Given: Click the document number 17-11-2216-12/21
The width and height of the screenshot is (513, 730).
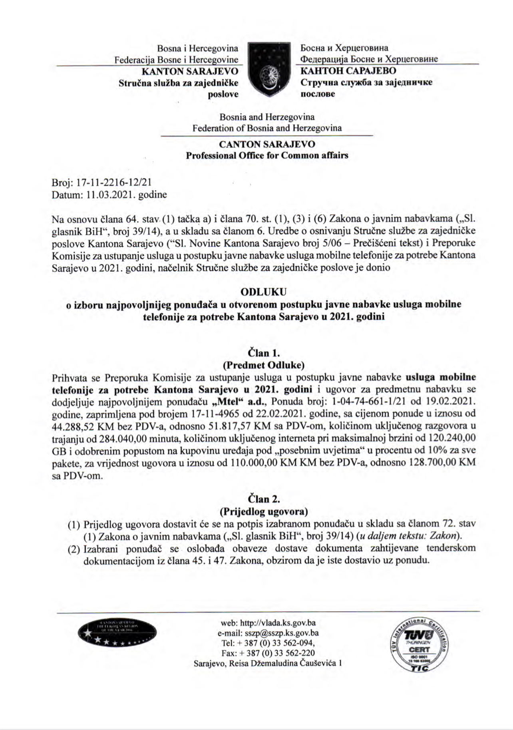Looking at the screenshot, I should pos(114,183).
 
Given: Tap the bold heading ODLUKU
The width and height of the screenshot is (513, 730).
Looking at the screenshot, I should pos(264,292).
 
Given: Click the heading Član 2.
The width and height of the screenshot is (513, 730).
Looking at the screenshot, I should pos(264,499).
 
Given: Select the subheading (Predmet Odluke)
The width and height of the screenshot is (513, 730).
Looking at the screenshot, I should pos(264,365).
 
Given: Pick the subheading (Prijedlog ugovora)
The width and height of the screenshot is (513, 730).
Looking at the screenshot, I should pos(264,511).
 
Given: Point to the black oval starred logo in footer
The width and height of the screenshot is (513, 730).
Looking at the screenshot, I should pos(117,633).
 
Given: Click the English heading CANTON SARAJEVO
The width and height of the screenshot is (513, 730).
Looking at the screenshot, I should pos(267,144).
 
